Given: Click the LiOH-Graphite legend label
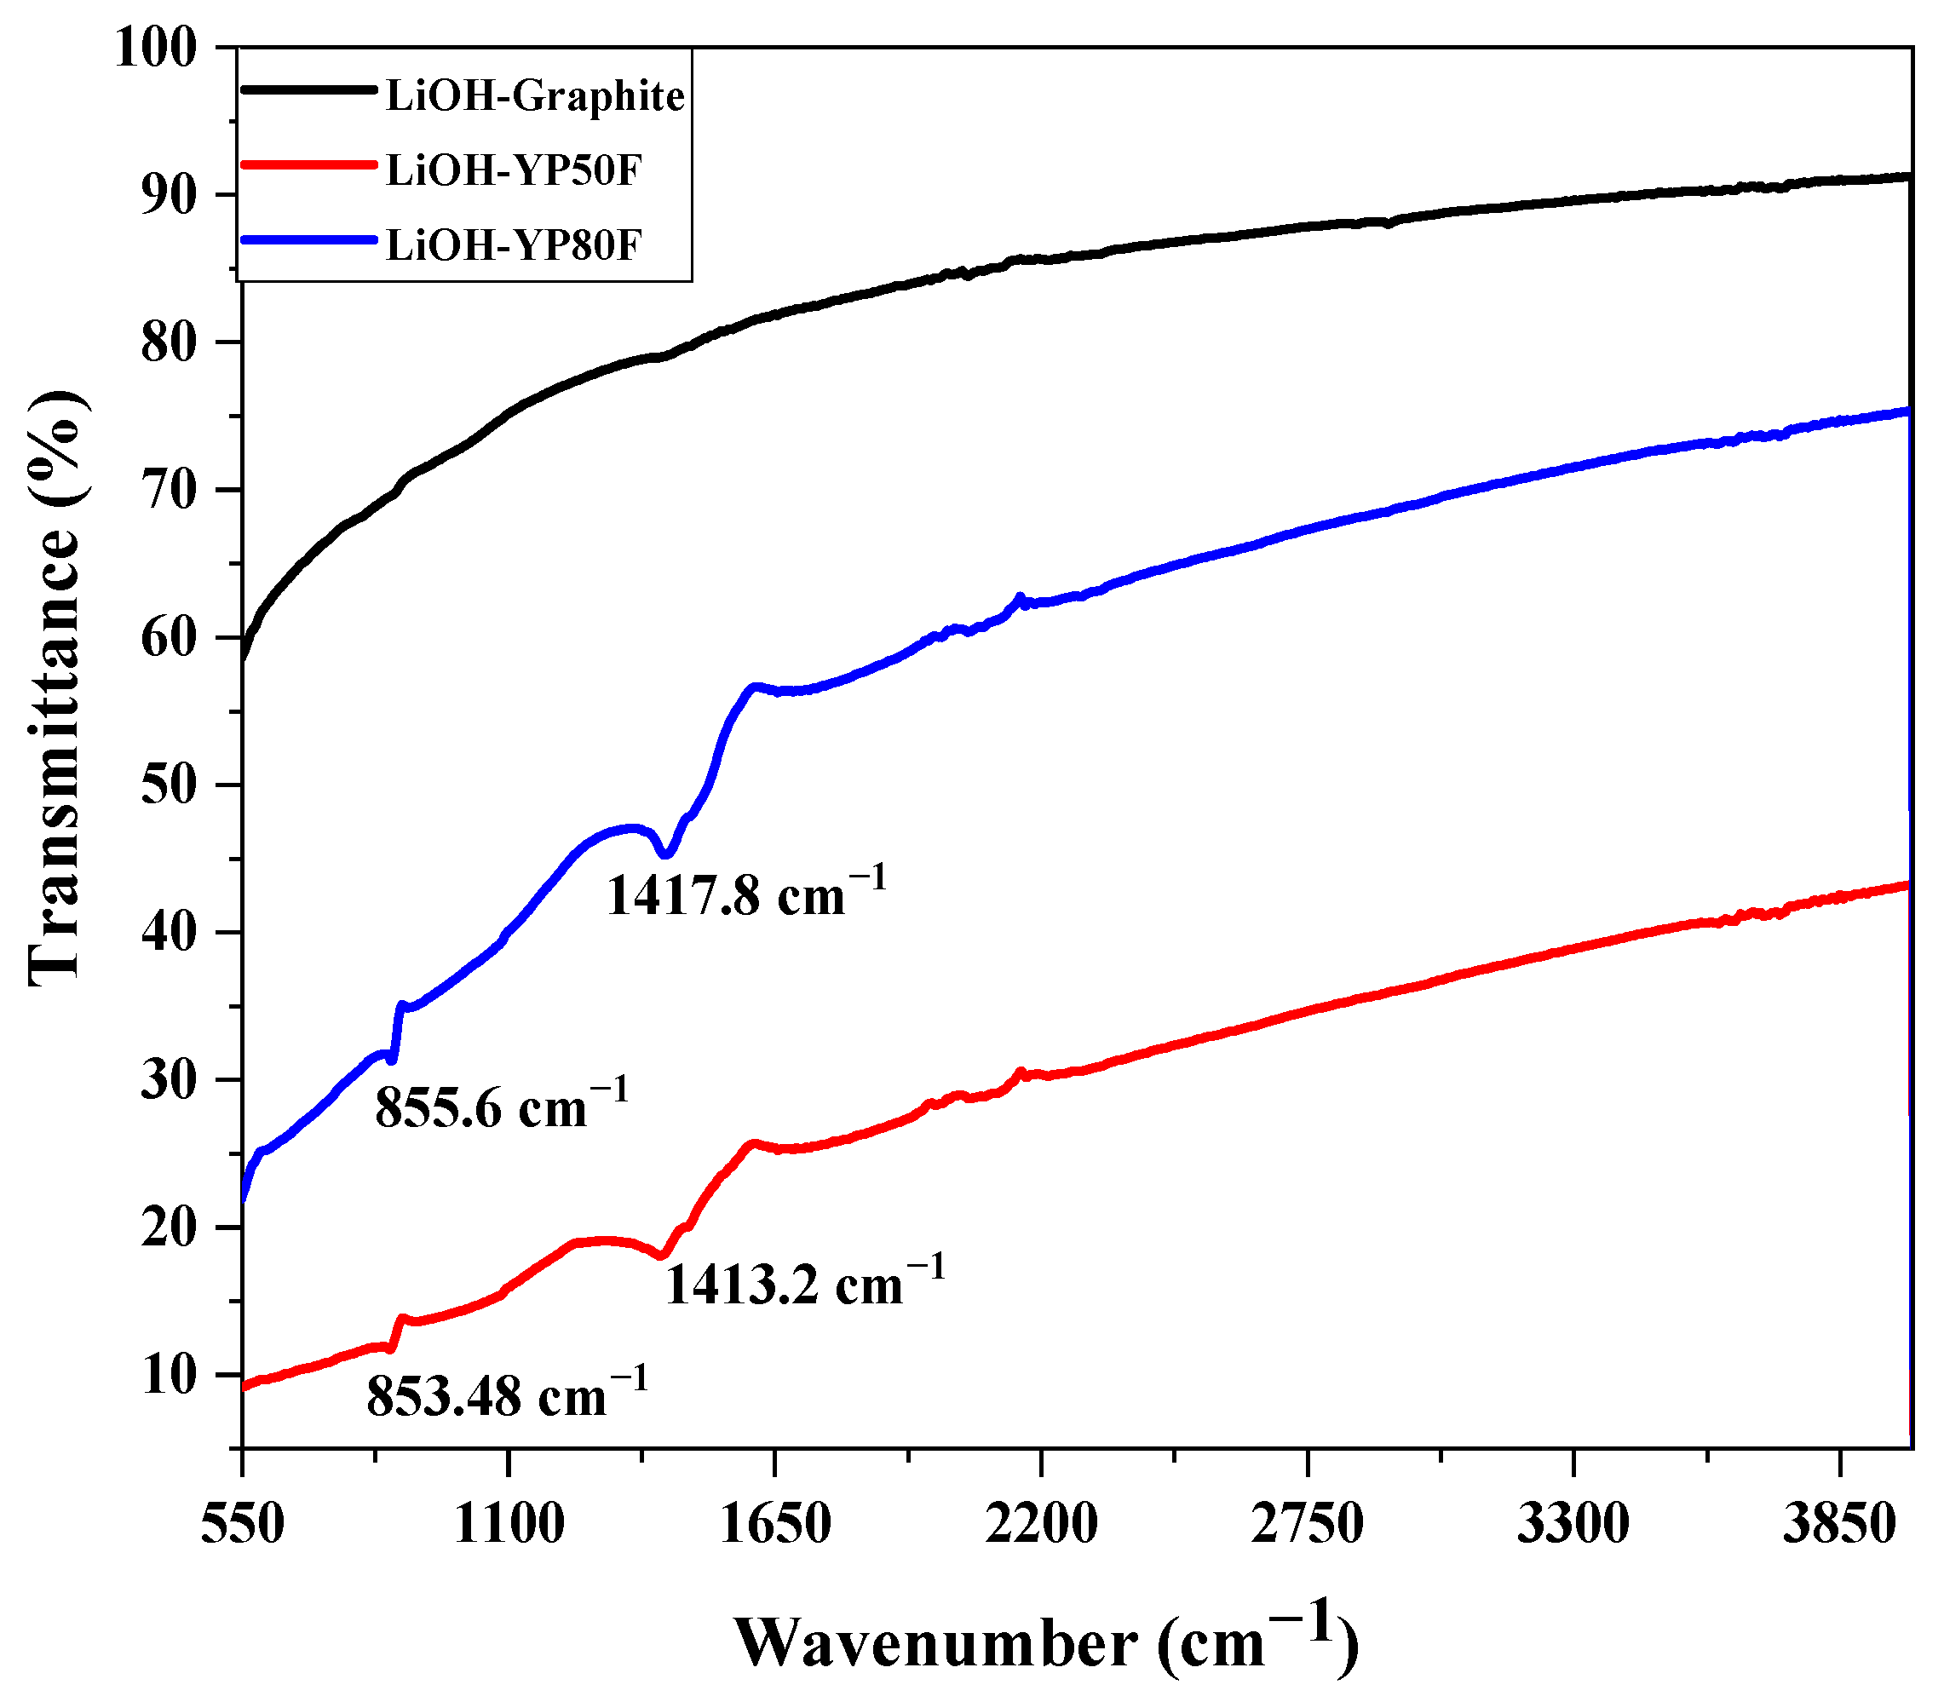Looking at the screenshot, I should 535,96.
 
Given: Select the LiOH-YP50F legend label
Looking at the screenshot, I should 514,170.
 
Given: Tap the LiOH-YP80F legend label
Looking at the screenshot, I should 514,245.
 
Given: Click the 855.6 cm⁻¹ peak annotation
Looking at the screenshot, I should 502,1104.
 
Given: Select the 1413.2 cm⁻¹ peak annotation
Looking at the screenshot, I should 804,1281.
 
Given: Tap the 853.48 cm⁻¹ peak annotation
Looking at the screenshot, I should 507,1394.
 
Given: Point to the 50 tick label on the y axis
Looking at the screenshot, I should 170,785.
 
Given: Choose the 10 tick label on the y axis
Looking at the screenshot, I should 170,1375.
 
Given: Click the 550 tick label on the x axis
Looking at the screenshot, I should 242,1526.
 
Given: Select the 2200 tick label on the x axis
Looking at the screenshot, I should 1042,1526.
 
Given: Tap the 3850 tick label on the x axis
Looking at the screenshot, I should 1840,1526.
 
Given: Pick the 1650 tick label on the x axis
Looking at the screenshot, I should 775,1526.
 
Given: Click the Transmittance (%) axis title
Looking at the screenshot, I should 55,688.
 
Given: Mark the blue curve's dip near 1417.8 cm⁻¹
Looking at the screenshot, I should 667,854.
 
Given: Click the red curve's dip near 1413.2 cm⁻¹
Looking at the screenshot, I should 663,1256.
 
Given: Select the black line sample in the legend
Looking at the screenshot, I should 308,90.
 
